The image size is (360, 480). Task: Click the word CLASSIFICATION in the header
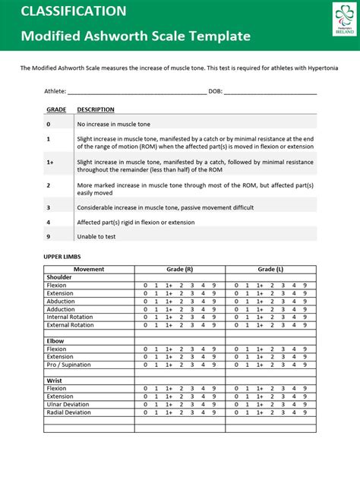point(74,11)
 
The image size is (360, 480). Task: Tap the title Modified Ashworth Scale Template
point(135,36)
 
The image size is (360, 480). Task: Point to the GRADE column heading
point(56,109)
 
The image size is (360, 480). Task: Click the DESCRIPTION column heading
point(96,109)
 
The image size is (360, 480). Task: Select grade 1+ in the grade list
point(50,162)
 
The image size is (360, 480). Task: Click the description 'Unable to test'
point(97,236)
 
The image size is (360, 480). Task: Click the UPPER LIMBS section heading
point(60,257)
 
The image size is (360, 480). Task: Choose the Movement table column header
point(89,270)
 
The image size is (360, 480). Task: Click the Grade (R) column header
point(179,270)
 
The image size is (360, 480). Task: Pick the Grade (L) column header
point(270,270)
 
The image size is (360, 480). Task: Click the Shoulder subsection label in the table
point(59,277)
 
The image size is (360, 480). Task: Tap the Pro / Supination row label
point(70,365)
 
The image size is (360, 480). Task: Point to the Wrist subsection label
point(55,380)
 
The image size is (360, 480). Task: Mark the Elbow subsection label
point(56,341)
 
